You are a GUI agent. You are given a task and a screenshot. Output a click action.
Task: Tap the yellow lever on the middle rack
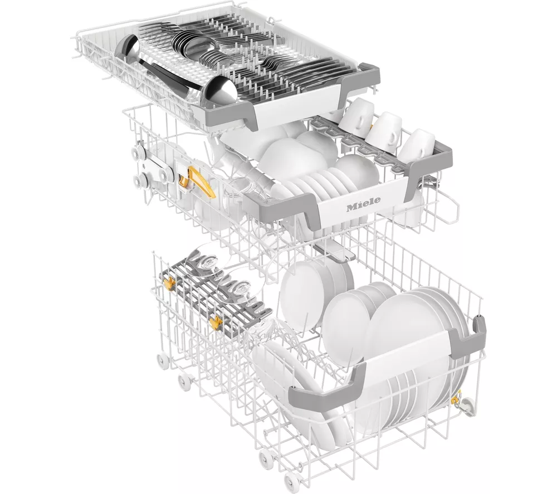pos(198,181)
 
